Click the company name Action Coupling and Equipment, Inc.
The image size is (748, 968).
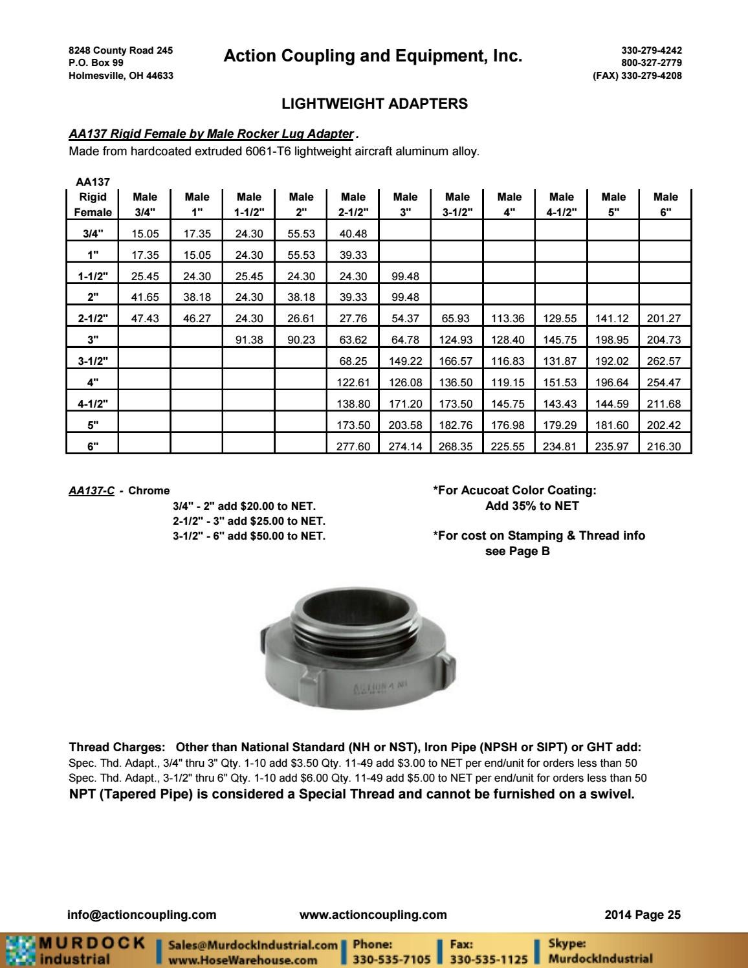coord(372,56)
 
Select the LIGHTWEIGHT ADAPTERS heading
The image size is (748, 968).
coord(375,104)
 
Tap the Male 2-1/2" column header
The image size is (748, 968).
coord(353,204)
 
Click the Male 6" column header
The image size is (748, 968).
coord(666,204)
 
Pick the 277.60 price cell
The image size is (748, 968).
coord(353,446)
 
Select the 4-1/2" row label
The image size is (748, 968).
coord(93,403)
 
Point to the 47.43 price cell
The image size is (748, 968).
coord(145,318)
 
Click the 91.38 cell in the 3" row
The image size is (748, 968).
coord(249,339)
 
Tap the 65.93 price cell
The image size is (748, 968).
coord(457,318)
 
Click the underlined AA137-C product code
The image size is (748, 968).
coord(91,491)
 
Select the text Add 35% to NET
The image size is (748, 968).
coord(532,506)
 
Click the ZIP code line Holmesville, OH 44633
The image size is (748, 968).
coord(120,75)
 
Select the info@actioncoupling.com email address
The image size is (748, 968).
coord(142,914)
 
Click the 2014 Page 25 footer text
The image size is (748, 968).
coord(641,914)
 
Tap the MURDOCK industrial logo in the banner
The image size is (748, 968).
coord(74,949)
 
